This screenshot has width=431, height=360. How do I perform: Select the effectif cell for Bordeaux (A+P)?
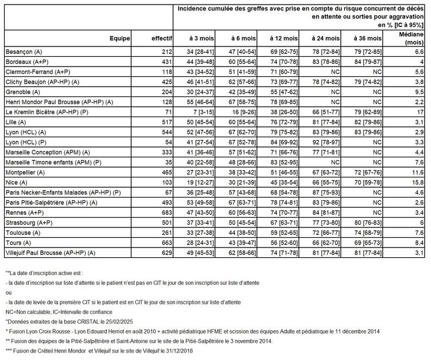[164, 61]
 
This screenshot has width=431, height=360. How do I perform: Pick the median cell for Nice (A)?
[418, 183]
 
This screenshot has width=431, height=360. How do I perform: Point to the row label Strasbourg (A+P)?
[26, 223]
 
